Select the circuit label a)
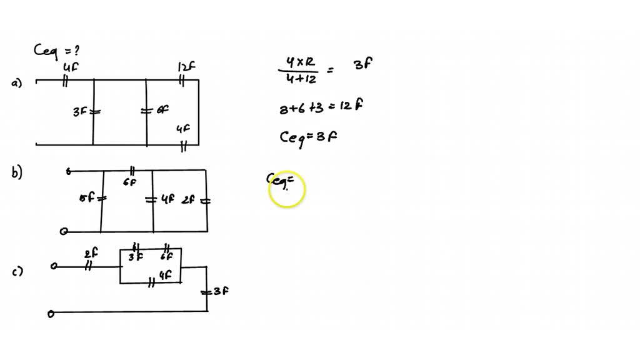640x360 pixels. pos(16,83)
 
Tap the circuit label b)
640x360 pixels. pos(17,174)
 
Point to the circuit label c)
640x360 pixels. pos(17,271)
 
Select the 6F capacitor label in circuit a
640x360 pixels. pos(162,110)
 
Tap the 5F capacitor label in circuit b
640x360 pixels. pos(86,198)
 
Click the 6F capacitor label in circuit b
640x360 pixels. pos(129,182)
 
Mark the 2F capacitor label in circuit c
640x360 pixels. pos(91,253)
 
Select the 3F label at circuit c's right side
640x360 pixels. pos(220,291)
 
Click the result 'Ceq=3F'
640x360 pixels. pos(308,137)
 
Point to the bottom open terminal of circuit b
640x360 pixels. pos(63,231)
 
